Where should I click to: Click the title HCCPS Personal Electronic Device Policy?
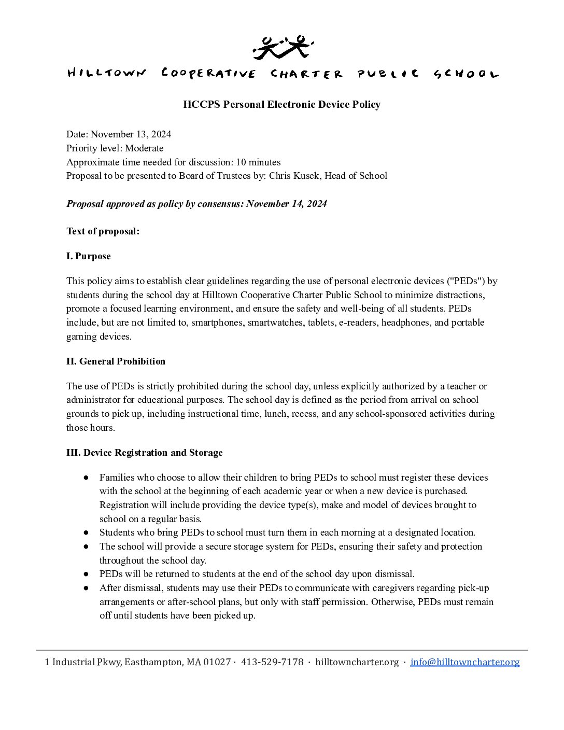pyautogui.click(x=281, y=105)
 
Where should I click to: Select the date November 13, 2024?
pyautogui.click(x=131, y=134)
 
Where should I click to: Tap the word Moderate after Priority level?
pyautogui.click(x=144, y=148)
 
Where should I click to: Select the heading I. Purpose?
pyautogui.click(x=88, y=256)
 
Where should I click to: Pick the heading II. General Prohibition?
pyautogui.click(x=116, y=361)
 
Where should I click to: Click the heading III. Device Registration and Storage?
pyautogui.click(x=144, y=453)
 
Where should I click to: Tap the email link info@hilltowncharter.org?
pyautogui.click(x=464, y=662)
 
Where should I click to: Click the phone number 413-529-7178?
pyautogui.click(x=272, y=662)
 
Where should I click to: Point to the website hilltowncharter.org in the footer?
pyautogui.click(x=357, y=662)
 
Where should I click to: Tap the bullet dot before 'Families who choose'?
pyautogui.click(x=86, y=478)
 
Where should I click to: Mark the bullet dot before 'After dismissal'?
pyautogui.click(x=86, y=588)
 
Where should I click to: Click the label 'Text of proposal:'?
pyautogui.click(x=103, y=231)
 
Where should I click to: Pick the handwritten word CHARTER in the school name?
pyautogui.click(x=306, y=74)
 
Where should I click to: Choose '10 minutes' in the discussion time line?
pyautogui.click(x=258, y=162)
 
